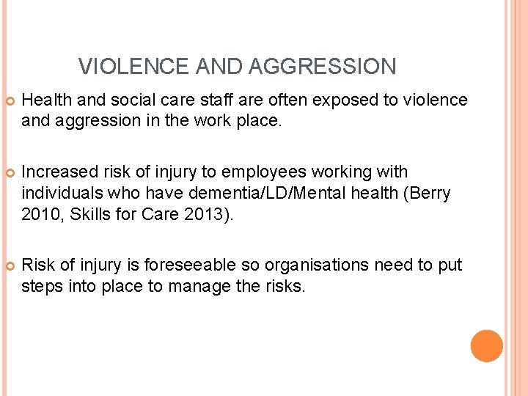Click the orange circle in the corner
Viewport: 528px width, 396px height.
487,346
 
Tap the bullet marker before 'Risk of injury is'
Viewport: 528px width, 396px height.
10,265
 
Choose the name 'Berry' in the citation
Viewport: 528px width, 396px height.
429,193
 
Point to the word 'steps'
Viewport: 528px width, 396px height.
43,286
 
